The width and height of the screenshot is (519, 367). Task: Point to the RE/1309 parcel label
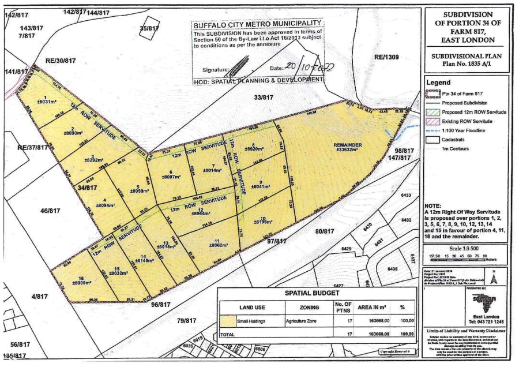pyautogui.click(x=386, y=57)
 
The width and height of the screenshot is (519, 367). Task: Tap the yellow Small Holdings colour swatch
pyautogui.click(x=230, y=320)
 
